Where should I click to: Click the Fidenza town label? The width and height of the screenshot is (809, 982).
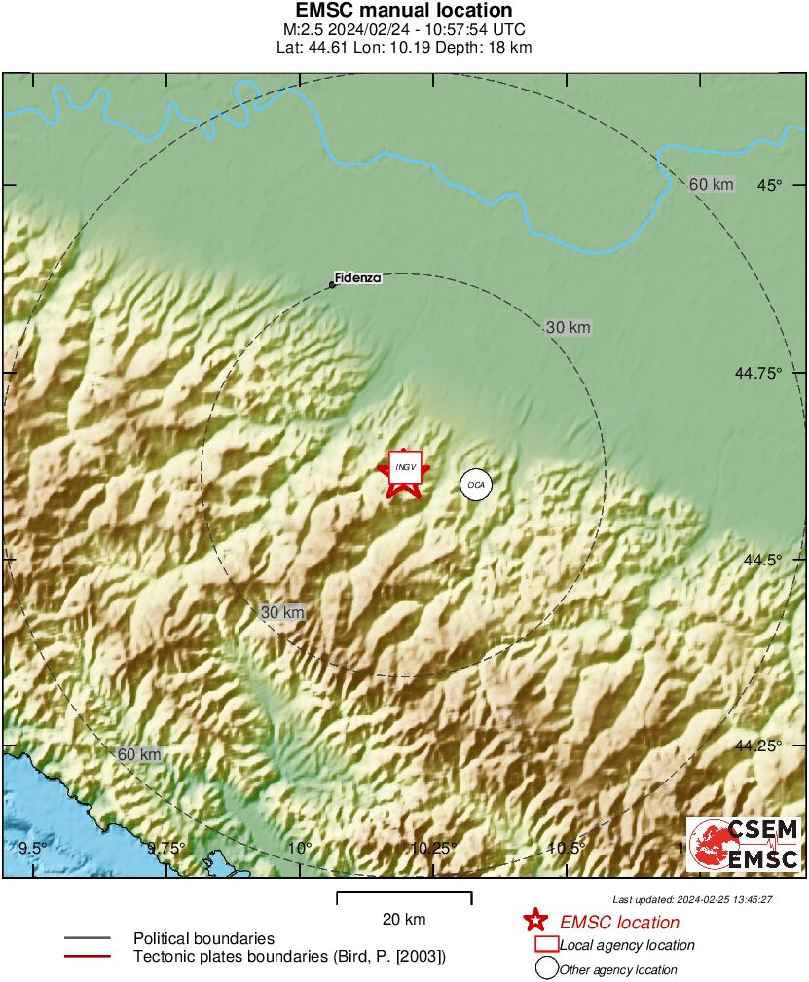(x=357, y=278)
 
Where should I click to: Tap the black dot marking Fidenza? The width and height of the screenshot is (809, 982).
(x=332, y=285)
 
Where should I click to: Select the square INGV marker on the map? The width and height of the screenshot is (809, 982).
(x=405, y=467)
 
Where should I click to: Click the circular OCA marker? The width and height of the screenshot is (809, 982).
(x=475, y=484)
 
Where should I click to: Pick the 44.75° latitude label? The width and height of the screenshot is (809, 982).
(x=758, y=373)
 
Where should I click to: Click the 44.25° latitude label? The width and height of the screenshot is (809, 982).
(x=758, y=746)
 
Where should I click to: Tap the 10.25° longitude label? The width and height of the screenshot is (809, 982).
(x=432, y=848)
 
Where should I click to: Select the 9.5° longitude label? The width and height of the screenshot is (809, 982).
(x=33, y=848)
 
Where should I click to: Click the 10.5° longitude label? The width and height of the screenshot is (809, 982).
(x=566, y=848)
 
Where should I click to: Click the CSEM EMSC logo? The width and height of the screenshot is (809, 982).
(x=745, y=844)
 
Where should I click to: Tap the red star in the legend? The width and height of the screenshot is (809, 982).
(x=534, y=921)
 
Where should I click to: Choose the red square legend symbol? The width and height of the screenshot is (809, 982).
(x=546, y=944)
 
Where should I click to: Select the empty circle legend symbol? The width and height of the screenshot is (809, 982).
(x=546, y=968)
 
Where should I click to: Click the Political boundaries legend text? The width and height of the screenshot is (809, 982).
(x=203, y=938)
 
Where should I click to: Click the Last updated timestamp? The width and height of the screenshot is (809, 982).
(x=692, y=899)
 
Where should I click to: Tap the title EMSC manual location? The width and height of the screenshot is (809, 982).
(x=403, y=11)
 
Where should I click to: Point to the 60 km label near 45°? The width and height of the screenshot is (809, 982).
(x=710, y=185)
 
